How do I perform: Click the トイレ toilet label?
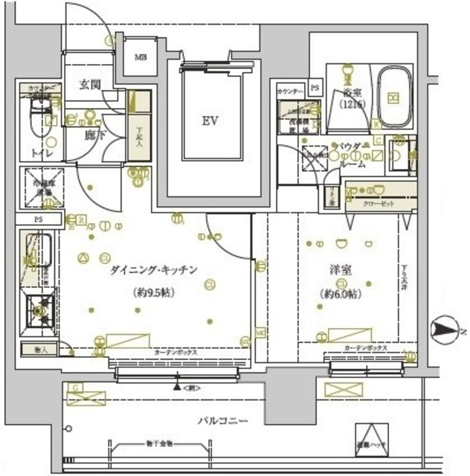pyautogui.click(x=41, y=152)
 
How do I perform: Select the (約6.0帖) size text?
pyautogui.click(x=341, y=295)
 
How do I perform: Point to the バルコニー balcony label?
pyautogui.click(x=222, y=421)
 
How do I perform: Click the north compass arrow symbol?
pyautogui.click(x=443, y=328)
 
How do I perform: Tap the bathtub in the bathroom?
pyautogui.click(x=394, y=97)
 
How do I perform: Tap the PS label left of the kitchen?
pyautogui.click(x=37, y=220)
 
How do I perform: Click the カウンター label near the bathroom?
pyautogui.click(x=289, y=91)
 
